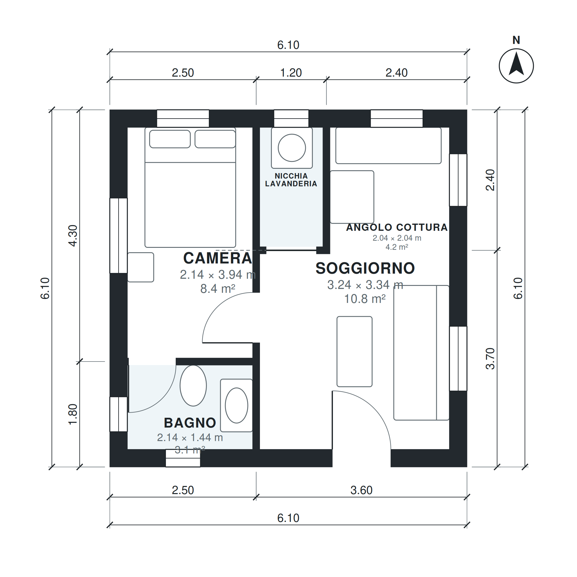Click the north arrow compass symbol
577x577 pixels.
(x=516, y=66)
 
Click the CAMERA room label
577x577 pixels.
(x=218, y=258)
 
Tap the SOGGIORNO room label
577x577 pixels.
(x=365, y=268)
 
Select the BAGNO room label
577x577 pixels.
(x=190, y=423)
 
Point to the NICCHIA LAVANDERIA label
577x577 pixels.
(x=291, y=180)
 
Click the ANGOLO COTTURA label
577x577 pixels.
(x=397, y=227)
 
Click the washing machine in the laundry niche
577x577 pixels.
(x=292, y=148)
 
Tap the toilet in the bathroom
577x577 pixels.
(x=193, y=385)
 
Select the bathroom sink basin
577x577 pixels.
(x=237, y=405)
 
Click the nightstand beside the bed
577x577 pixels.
(x=141, y=267)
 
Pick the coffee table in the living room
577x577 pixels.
(x=355, y=351)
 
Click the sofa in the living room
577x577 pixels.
(x=421, y=353)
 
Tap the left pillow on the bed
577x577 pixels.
(x=170, y=139)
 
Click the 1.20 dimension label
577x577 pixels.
(x=291, y=73)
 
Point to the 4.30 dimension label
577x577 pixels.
(x=73, y=236)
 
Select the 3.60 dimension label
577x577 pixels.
(x=361, y=490)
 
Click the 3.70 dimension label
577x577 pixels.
(x=490, y=359)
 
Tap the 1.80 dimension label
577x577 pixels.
(x=73, y=415)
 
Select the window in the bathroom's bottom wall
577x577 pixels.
(x=183, y=458)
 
